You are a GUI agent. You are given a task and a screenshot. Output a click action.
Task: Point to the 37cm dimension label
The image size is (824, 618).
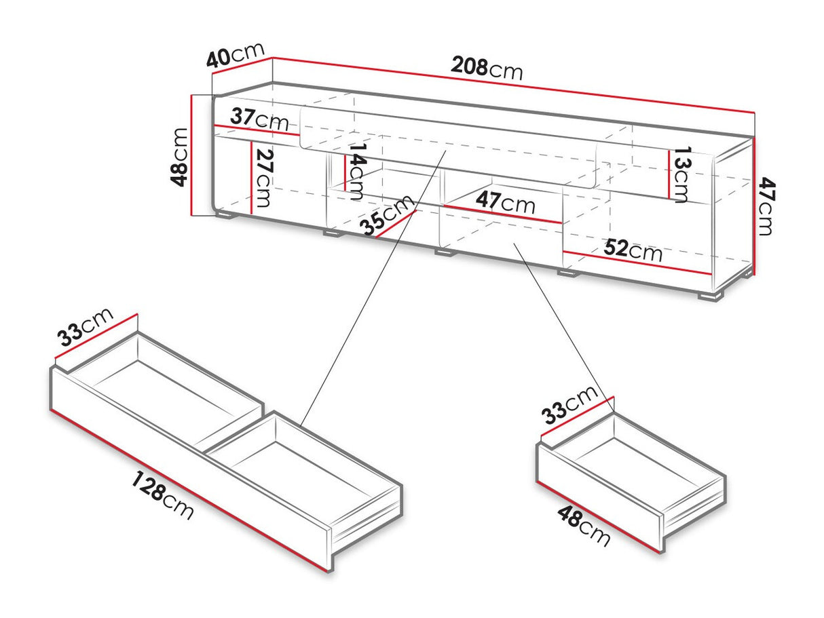(x=259, y=119)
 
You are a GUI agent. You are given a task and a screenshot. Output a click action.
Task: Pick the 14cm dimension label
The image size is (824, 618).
(x=357, y=168)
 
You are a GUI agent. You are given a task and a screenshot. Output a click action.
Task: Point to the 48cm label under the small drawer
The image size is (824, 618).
(x=584, y=526)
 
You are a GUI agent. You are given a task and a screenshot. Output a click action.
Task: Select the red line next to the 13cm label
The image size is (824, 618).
(x=671, y=173)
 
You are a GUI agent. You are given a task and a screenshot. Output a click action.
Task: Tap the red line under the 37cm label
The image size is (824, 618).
(x=257, y=130)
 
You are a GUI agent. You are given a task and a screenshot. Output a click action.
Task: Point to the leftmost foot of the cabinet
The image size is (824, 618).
(x=225, y=217)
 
